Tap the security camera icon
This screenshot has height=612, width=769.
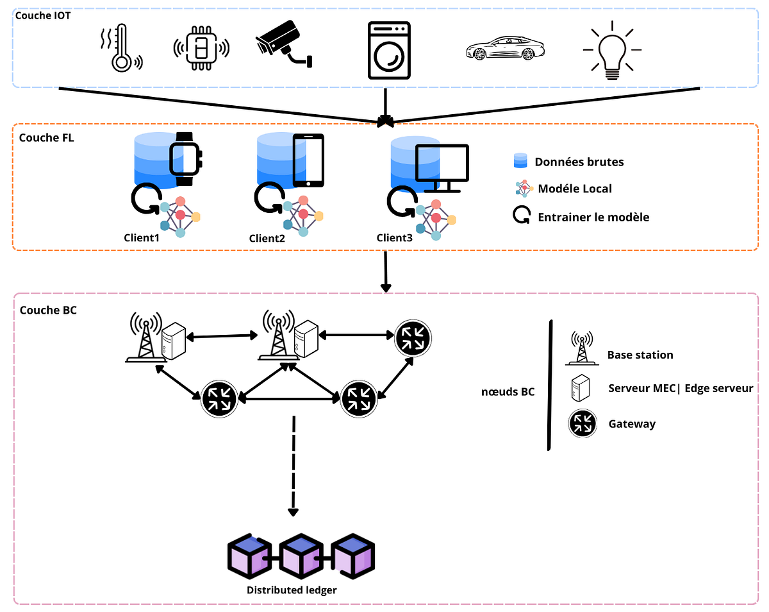[283, 44]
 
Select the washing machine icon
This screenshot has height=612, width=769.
[389, 51]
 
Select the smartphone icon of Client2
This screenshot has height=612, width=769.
[308, 160]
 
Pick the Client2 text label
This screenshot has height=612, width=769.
[267, 239]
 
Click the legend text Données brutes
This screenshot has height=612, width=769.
[579, 162]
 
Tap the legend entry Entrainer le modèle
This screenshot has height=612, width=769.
[593, 217]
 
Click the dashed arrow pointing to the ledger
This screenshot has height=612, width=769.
[293, 465]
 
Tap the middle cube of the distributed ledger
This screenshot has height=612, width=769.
[301, 554]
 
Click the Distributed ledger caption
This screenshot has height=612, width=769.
[292, 590]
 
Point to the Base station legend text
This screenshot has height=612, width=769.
[640, 355]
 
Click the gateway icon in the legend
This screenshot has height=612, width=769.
[583, 423]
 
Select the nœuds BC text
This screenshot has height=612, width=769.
[508, 391]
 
